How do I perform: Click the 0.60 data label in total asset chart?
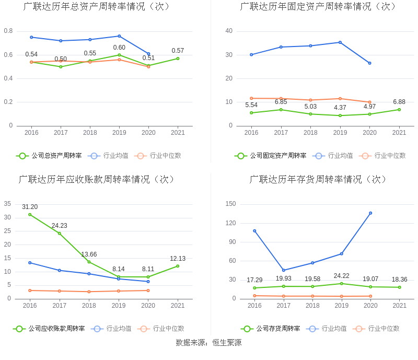tap(119, 48)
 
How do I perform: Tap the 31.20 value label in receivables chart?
tap(30, 207)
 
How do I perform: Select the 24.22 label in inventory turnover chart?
tap(341, 276)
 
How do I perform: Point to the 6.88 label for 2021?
tap(399, 102)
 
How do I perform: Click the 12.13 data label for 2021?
tap(178, 259)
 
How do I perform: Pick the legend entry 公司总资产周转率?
tap(49, 156)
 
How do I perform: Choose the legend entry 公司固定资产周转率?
tap(271, 156)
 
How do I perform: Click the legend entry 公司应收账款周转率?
tap(49, 329)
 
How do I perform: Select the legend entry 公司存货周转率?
tap(271, 329)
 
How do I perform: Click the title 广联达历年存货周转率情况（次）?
tap(319, 179)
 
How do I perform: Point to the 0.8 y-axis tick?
tap(8, 31)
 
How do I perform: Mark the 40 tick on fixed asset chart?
tap(229, 31)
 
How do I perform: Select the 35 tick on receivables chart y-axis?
tap(7, 204)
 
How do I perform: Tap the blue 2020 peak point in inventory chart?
tap(370, 213)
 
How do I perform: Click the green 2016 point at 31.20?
tap(30, 215)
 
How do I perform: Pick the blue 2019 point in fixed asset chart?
tap(340, 42)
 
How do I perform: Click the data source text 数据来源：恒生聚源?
tap(209, 343)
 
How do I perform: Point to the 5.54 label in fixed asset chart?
tap(251, 105)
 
